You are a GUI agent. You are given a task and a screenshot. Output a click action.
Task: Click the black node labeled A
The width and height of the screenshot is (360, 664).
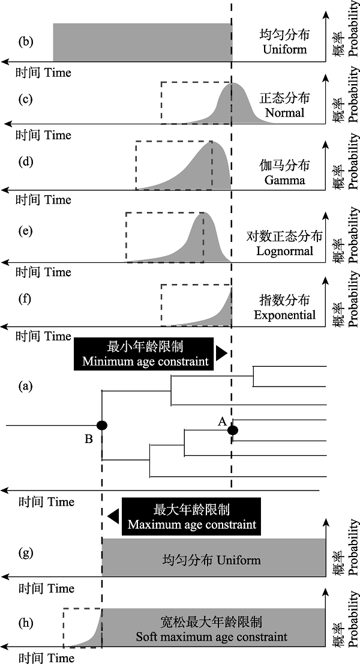click(x=233, y=430)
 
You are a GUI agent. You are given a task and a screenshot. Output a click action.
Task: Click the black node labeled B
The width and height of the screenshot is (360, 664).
click(x=101, y=424)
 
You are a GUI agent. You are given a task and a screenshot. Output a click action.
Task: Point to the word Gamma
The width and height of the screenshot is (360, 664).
click(x=285, y=180)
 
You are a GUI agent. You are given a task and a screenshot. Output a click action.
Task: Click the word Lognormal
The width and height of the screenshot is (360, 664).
click(x=285, y=251)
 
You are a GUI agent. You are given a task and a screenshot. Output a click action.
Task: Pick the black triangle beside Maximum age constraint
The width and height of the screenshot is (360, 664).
click(x=113, y=517)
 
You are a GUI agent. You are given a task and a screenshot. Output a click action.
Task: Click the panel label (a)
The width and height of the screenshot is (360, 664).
click(x=25, y=386)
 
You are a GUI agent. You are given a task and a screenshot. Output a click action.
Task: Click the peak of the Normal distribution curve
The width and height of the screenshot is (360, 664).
click(x=232, y=84)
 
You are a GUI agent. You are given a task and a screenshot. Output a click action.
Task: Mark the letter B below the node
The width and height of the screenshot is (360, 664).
click(x=88, y=439)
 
